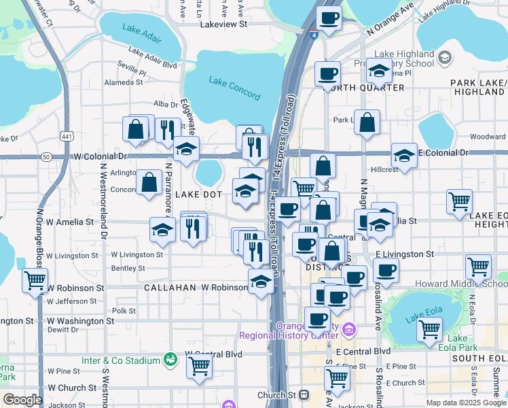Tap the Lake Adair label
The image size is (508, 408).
tap(139, 29)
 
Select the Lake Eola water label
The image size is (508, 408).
tap(418, 316)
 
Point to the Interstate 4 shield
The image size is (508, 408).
tap(312, 35)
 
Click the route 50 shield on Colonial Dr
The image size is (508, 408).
tap(46, 156)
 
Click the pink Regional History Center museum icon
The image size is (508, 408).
tap(349, 330)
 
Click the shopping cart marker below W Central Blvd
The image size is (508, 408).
tap(200, 365)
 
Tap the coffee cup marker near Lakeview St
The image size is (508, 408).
tap(329, 19)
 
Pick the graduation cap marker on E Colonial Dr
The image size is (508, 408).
tap(404, 155)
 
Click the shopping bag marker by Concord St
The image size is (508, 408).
tap(149, 182)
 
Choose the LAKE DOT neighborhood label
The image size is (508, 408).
tap(200, 194)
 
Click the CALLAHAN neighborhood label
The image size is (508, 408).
tap(169, 288)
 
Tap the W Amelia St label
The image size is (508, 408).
tap(71, 222)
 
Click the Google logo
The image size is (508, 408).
tap(22, 400)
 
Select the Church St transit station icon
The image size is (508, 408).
tap(304, 394)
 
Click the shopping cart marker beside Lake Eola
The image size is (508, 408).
tap(430, 330)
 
